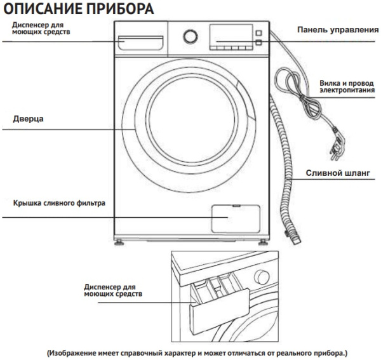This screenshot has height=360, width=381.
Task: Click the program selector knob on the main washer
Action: point(189,37)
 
